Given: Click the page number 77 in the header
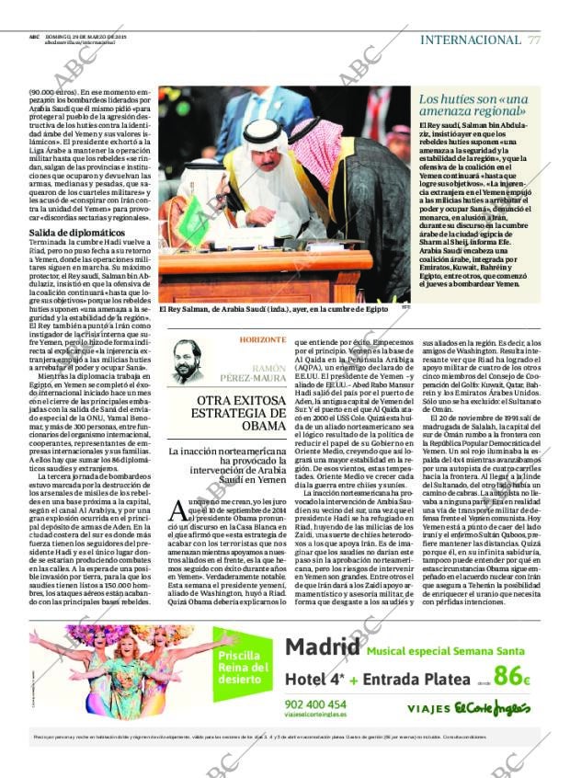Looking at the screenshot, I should (533, 40).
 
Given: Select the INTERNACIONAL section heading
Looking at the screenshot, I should (470, 40).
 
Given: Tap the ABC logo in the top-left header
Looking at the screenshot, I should (34, 37).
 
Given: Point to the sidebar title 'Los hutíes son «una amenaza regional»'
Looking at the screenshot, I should (473, 104).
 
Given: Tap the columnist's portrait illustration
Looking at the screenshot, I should (188, 358).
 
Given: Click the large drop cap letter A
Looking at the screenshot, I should (179, 510).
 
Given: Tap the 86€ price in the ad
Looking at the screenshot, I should (511, 676).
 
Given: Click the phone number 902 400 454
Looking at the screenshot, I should (315, 704).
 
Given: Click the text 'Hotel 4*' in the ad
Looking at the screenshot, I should (318, 679).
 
